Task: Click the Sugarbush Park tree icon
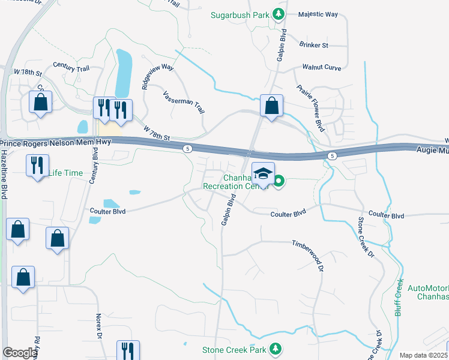(x=278, y=14)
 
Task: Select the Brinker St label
(x=315, y=45)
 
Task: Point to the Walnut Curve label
(x=321, y=67)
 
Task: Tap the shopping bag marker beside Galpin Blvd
(x=271, y=106)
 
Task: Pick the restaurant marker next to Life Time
(x=37, y=164)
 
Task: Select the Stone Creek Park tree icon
(x=276, y=348)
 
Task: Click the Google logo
(x=20, y=352)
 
